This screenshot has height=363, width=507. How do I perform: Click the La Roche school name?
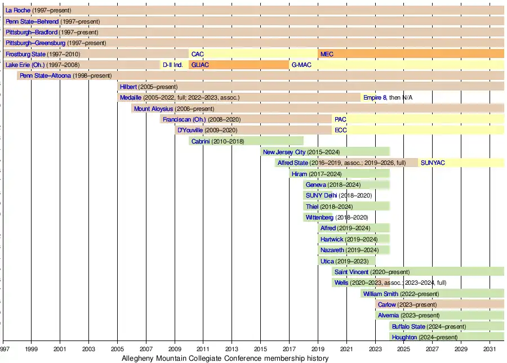[18, 11]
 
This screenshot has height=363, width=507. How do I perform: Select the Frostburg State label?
[25, 54]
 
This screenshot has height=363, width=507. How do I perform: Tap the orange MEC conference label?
[327, 54]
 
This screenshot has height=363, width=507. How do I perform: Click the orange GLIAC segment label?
[200, 65]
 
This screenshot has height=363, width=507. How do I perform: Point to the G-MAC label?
[301, 65]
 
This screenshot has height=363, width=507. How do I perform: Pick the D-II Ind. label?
[173, 65]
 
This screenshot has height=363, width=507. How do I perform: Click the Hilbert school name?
[128, 87]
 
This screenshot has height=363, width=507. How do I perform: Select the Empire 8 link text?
[375, 97]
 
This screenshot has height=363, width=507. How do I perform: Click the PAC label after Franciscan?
[340, 119]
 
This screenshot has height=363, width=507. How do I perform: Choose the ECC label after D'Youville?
[341, 130]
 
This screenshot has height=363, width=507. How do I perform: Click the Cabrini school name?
[201, 141]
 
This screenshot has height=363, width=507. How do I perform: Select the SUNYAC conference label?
[433, 163]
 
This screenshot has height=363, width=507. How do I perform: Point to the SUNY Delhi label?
[321, 195]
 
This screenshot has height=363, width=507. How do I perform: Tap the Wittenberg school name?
[319, 217]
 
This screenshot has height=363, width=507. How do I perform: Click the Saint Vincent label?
[351, 272]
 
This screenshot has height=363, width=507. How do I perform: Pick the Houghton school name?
[404, 337]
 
